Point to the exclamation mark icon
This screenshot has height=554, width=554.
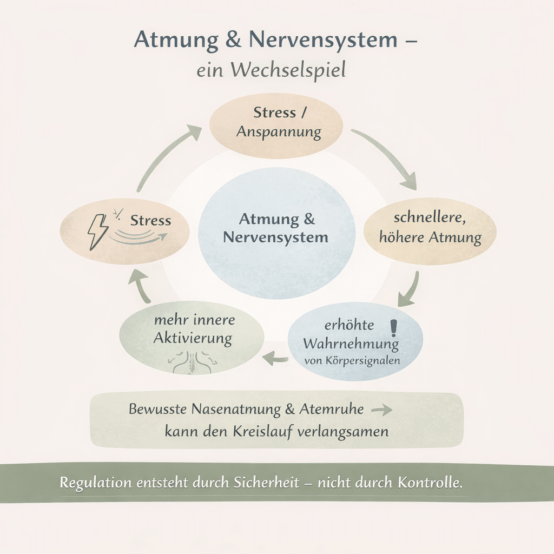click(393, 327)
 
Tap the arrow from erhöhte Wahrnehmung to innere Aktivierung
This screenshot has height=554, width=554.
click(275, 356)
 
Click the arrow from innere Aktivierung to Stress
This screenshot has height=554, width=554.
click(142, 286)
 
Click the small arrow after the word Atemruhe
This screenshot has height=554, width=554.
click(381, 410)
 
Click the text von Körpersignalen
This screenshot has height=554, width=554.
click(352, 360)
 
